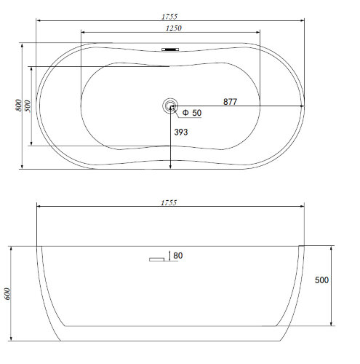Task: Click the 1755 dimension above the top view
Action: pyautogui.click(x=169, y=17)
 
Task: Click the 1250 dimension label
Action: pyautogui.click(x=174, y=28)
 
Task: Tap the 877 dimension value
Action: pyautogui.click(x=230, y=101)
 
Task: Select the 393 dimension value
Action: pyautogui.click(x=181, y=132)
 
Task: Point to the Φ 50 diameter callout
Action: pyautogui.click(x=192, y=113)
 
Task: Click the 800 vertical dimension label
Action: pyautogui.click(x=18, y=106)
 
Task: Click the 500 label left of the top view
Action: pyautogui.click(x=28, y=106)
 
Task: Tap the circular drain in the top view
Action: pyautogui.click(x=170, y=106)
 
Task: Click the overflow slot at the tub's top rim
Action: pyautogui.click(x=170, y=50)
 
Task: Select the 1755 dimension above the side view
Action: pyautogui.click(x=169, y=202)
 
